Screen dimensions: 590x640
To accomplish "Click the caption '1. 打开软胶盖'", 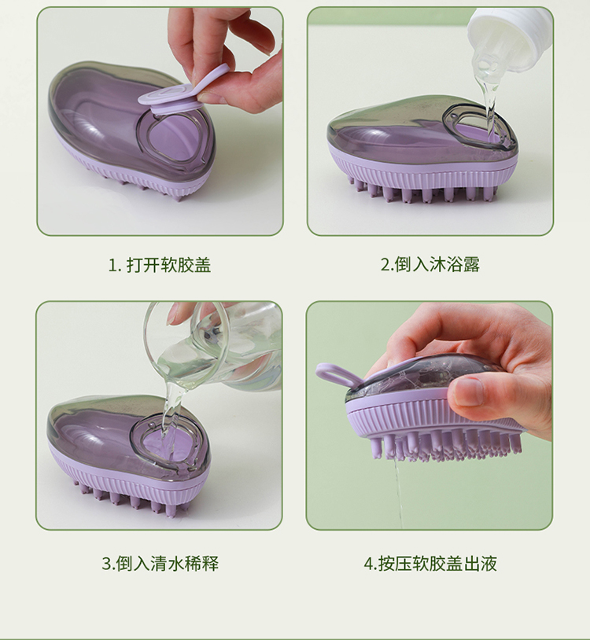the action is pyautogui.click(x=159, y=265).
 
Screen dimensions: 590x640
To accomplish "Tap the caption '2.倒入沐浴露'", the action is pyautogui.click(x=430, y=264).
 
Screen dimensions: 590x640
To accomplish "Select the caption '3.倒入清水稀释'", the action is pyautogui.click(x=160, y=564).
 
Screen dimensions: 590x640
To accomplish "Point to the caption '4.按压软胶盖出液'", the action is pyautogui.click(x=430, y=564).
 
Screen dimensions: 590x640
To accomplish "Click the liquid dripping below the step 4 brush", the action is pyautogui.click(x=396, y=494).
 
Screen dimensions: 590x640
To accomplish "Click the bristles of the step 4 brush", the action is pyautogui.click(x=445, y=446).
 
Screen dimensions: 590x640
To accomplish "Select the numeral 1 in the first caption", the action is pyautogui.click(x=112, y=265).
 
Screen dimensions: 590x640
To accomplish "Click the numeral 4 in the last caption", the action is pyautogui.click(x=369, y=564).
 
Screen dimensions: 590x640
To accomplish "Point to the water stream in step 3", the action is pyautogui.click(x=171, y=412).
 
